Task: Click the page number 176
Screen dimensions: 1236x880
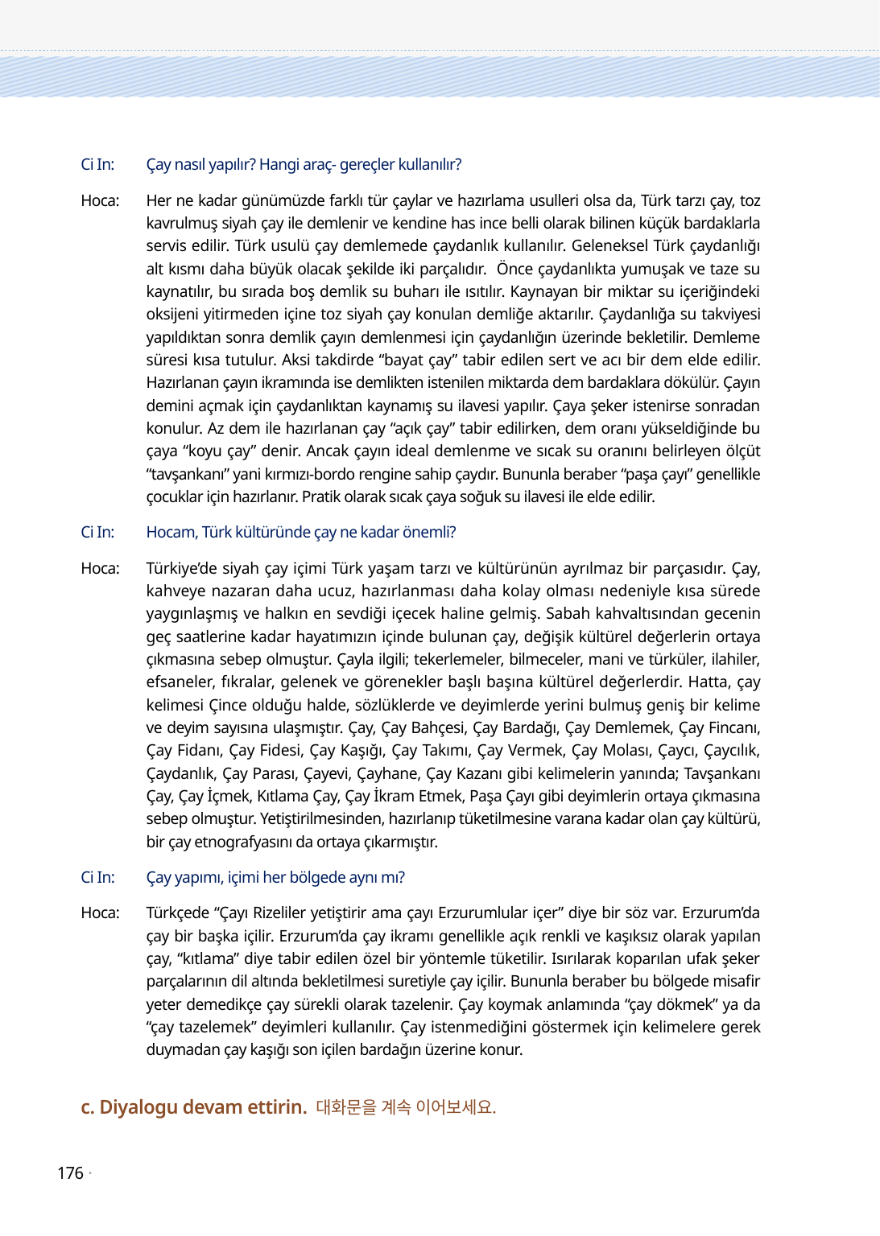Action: pyautogui.click(x=70, y=1173)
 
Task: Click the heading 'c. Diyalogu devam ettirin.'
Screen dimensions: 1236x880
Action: pyautogui.click(x=194, y=1107)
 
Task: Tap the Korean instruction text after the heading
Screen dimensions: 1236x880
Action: pyautogui.click(x=406, y=1107)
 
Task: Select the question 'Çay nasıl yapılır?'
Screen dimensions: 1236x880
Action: pyautogui.click(x=200, y=165)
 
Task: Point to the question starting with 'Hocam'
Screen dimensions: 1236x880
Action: pyautogui.click(x=300, y=533)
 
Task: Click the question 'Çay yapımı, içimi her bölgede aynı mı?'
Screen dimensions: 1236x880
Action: pyautogui.click(x=275, y=878)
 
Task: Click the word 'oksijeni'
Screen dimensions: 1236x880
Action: pyautogui.click(x=171, y=315)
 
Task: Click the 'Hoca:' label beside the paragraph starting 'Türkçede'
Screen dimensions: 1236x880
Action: pyautogui.click(x=100, y=913)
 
